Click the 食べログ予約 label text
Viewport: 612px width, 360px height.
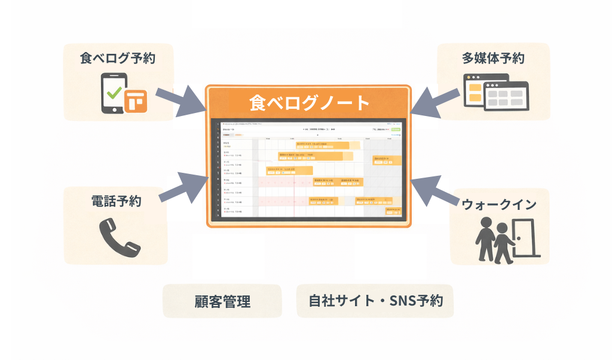pyautogui.click(x=118, y=59)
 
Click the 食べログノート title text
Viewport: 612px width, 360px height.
pyautogui.click(x=309, y=103)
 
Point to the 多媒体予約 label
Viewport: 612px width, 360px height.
pyautogui.click(x=493, y=59)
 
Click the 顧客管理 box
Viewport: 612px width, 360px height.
pyautogui.click(x=222, y=301)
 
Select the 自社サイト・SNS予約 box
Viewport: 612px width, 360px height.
pyautogui.click(x=375, y=300)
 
